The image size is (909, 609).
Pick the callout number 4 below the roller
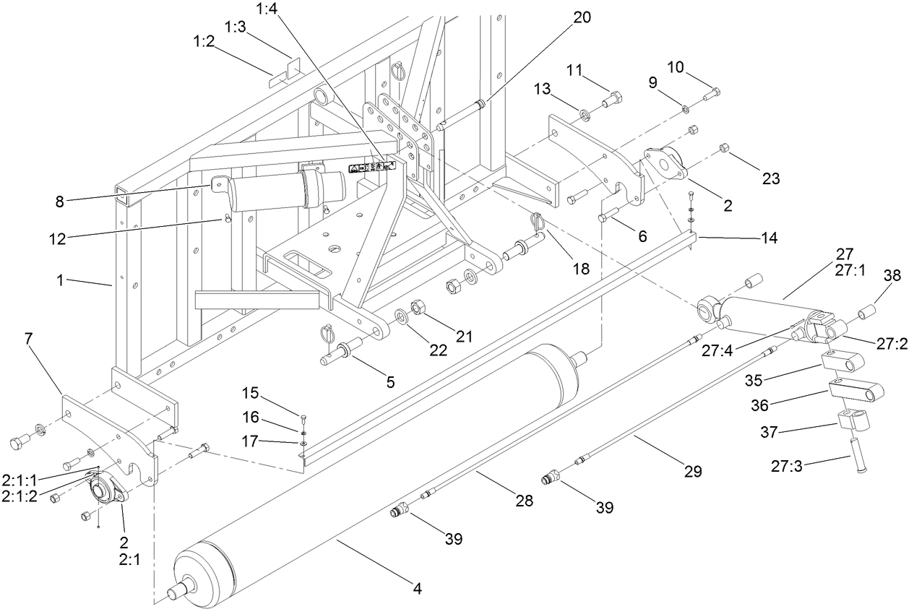click(416, 588)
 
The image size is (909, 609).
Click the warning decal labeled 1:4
click(373, 167)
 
